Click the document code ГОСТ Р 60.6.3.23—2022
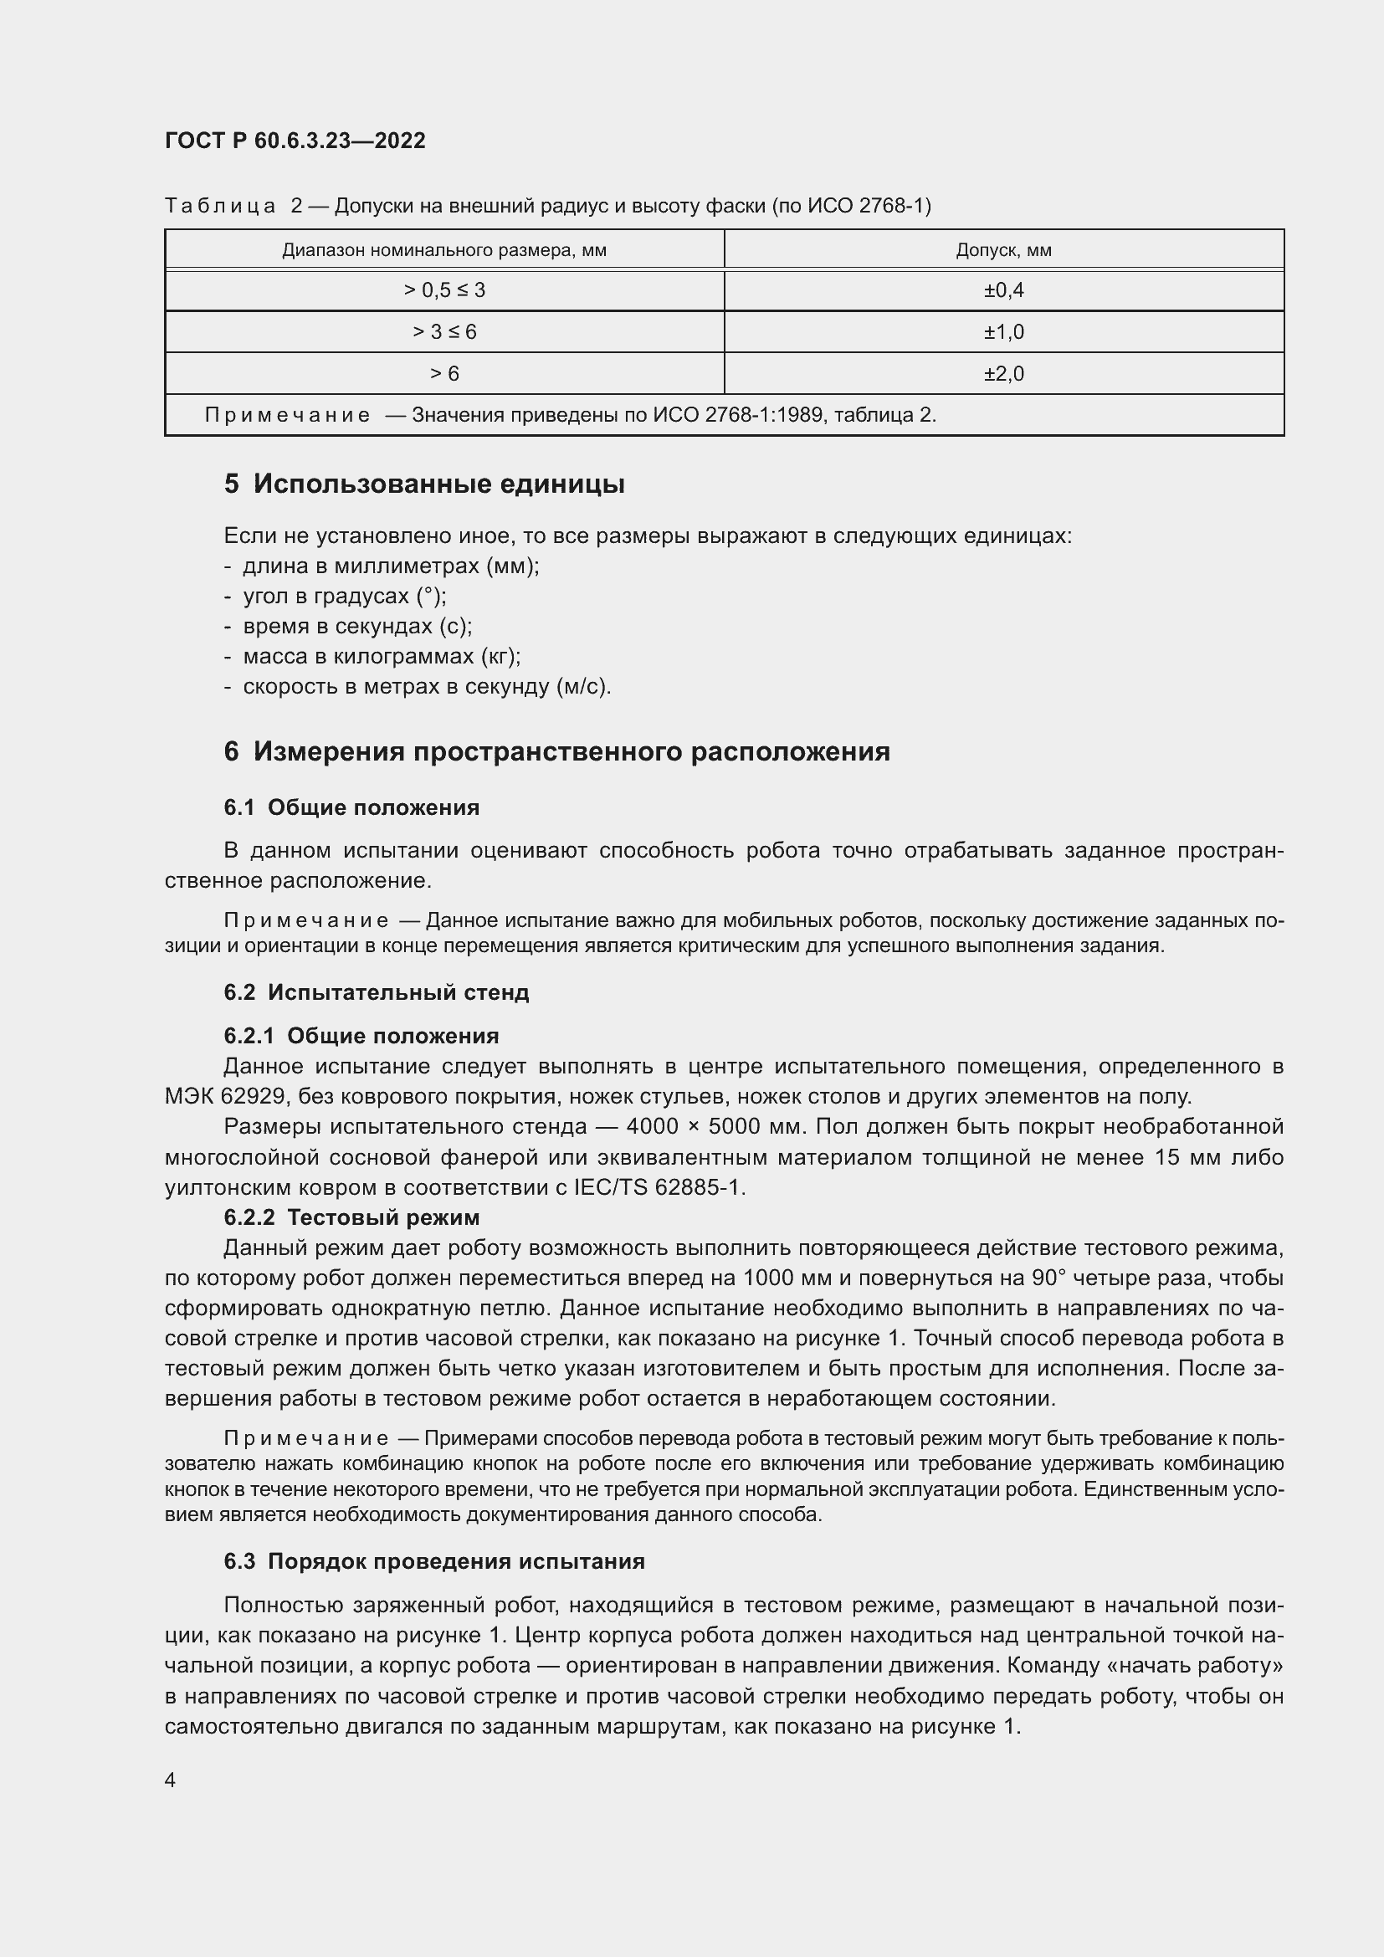[295, 141]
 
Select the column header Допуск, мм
[1003, 251]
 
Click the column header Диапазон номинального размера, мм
[444, 251]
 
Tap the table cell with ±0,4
[1003, 290]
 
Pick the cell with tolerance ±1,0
[1003, 332]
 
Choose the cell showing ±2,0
[1003, 374]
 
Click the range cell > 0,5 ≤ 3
[444, 290]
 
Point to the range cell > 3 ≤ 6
[444, 332]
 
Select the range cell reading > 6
[444, 374]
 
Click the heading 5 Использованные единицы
[424, 484]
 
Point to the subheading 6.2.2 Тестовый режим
[351, 1217]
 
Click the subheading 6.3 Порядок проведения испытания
[433, 1561]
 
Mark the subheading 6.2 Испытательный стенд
[376, 992]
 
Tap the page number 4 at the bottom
[171, 1780]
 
